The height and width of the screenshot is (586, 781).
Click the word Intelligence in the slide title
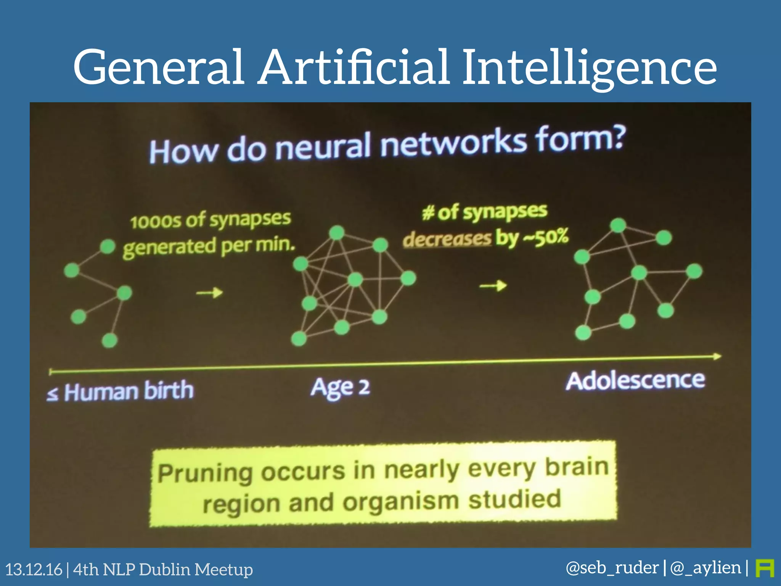click(x=589, y=68)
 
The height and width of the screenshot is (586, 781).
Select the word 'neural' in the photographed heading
click(x=322, y=147)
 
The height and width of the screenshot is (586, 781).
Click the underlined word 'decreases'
click(x=447, y=239)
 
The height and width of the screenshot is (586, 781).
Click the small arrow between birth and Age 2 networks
click(x=209, y=293)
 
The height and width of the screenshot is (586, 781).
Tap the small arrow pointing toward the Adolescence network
click(x=493, y=285)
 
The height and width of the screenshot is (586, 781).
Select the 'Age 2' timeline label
click(x=340, y=388)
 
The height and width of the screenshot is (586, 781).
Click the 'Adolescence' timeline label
click(x=635, y=380)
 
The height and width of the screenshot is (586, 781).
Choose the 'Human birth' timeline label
click(x=129, y=391)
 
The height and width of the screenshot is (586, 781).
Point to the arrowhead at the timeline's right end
click(x=717, y=356)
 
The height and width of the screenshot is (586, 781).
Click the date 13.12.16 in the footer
click(x=34, y=570)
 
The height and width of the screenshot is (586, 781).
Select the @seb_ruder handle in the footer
click(x=612, y=568)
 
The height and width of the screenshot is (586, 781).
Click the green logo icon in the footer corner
click(x=765, y=568)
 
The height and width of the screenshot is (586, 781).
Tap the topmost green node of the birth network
click(x=108, y=246)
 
